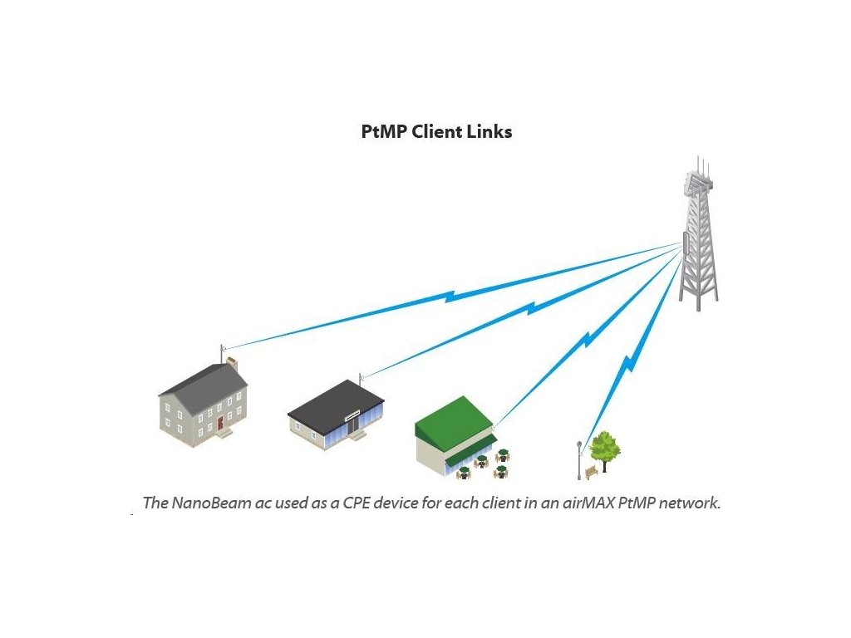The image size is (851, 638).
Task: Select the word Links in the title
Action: click(x=490, y=131)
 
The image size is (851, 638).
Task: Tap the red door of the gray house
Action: click(x=220, y=424)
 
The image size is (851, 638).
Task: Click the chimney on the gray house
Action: click(x=233, y=364)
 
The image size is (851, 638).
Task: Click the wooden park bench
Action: click(x=591, y=472)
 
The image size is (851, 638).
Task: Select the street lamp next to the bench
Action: click(x=579, y=459)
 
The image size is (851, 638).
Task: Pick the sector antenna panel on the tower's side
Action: click(x=686, y=243)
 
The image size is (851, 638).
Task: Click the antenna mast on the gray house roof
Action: click(x=222, y=355)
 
